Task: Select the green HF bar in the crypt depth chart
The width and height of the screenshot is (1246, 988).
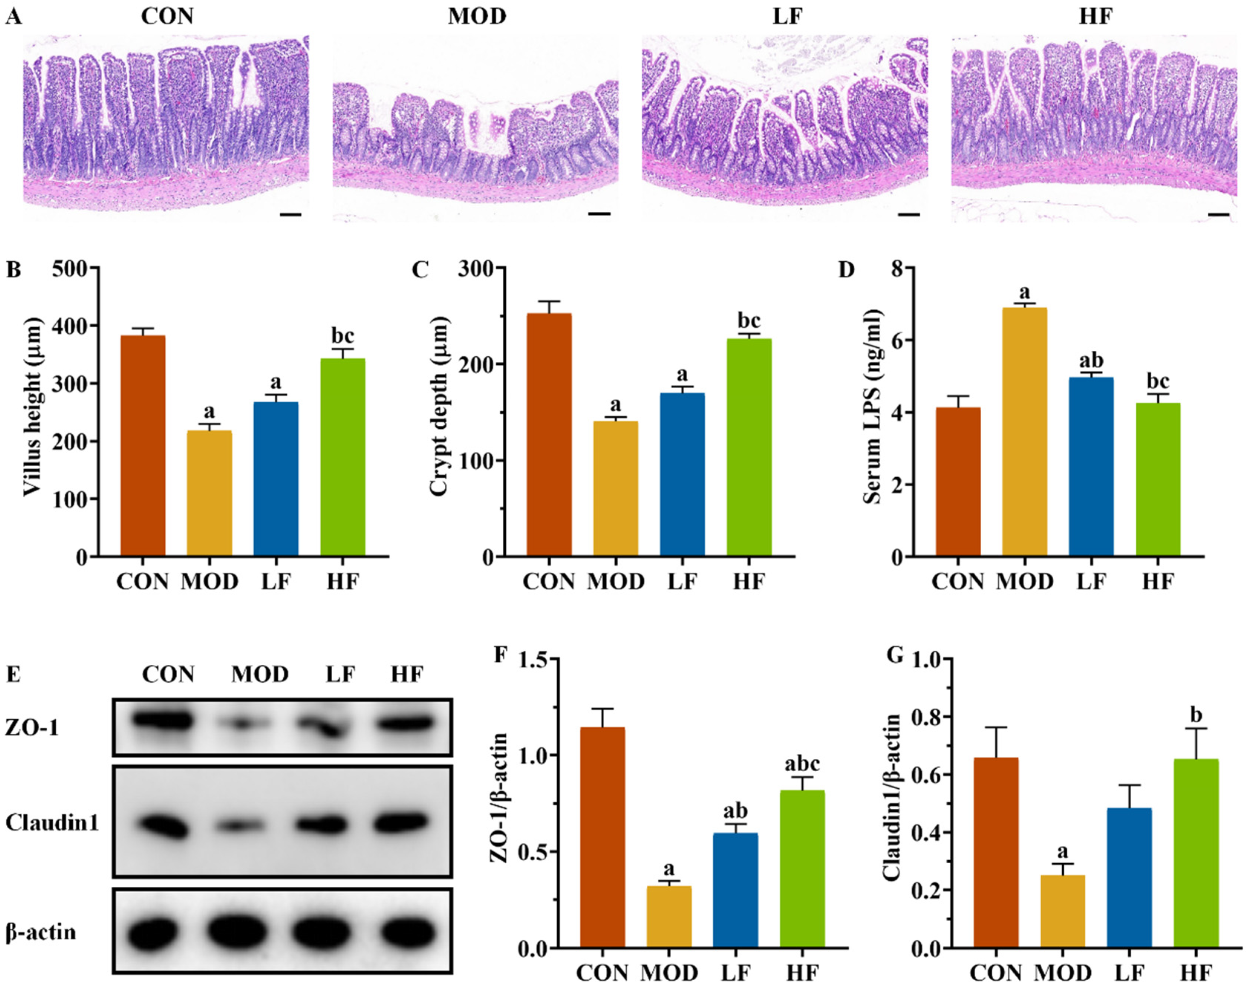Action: coord(749,447)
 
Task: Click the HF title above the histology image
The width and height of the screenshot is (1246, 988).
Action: coord(1095,17)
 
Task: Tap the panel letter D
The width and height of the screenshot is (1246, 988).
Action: coord(846,270)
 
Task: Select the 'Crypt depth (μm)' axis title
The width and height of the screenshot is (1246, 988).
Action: coord(439,406)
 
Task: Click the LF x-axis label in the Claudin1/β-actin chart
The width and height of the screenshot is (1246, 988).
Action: coord(1129,973)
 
